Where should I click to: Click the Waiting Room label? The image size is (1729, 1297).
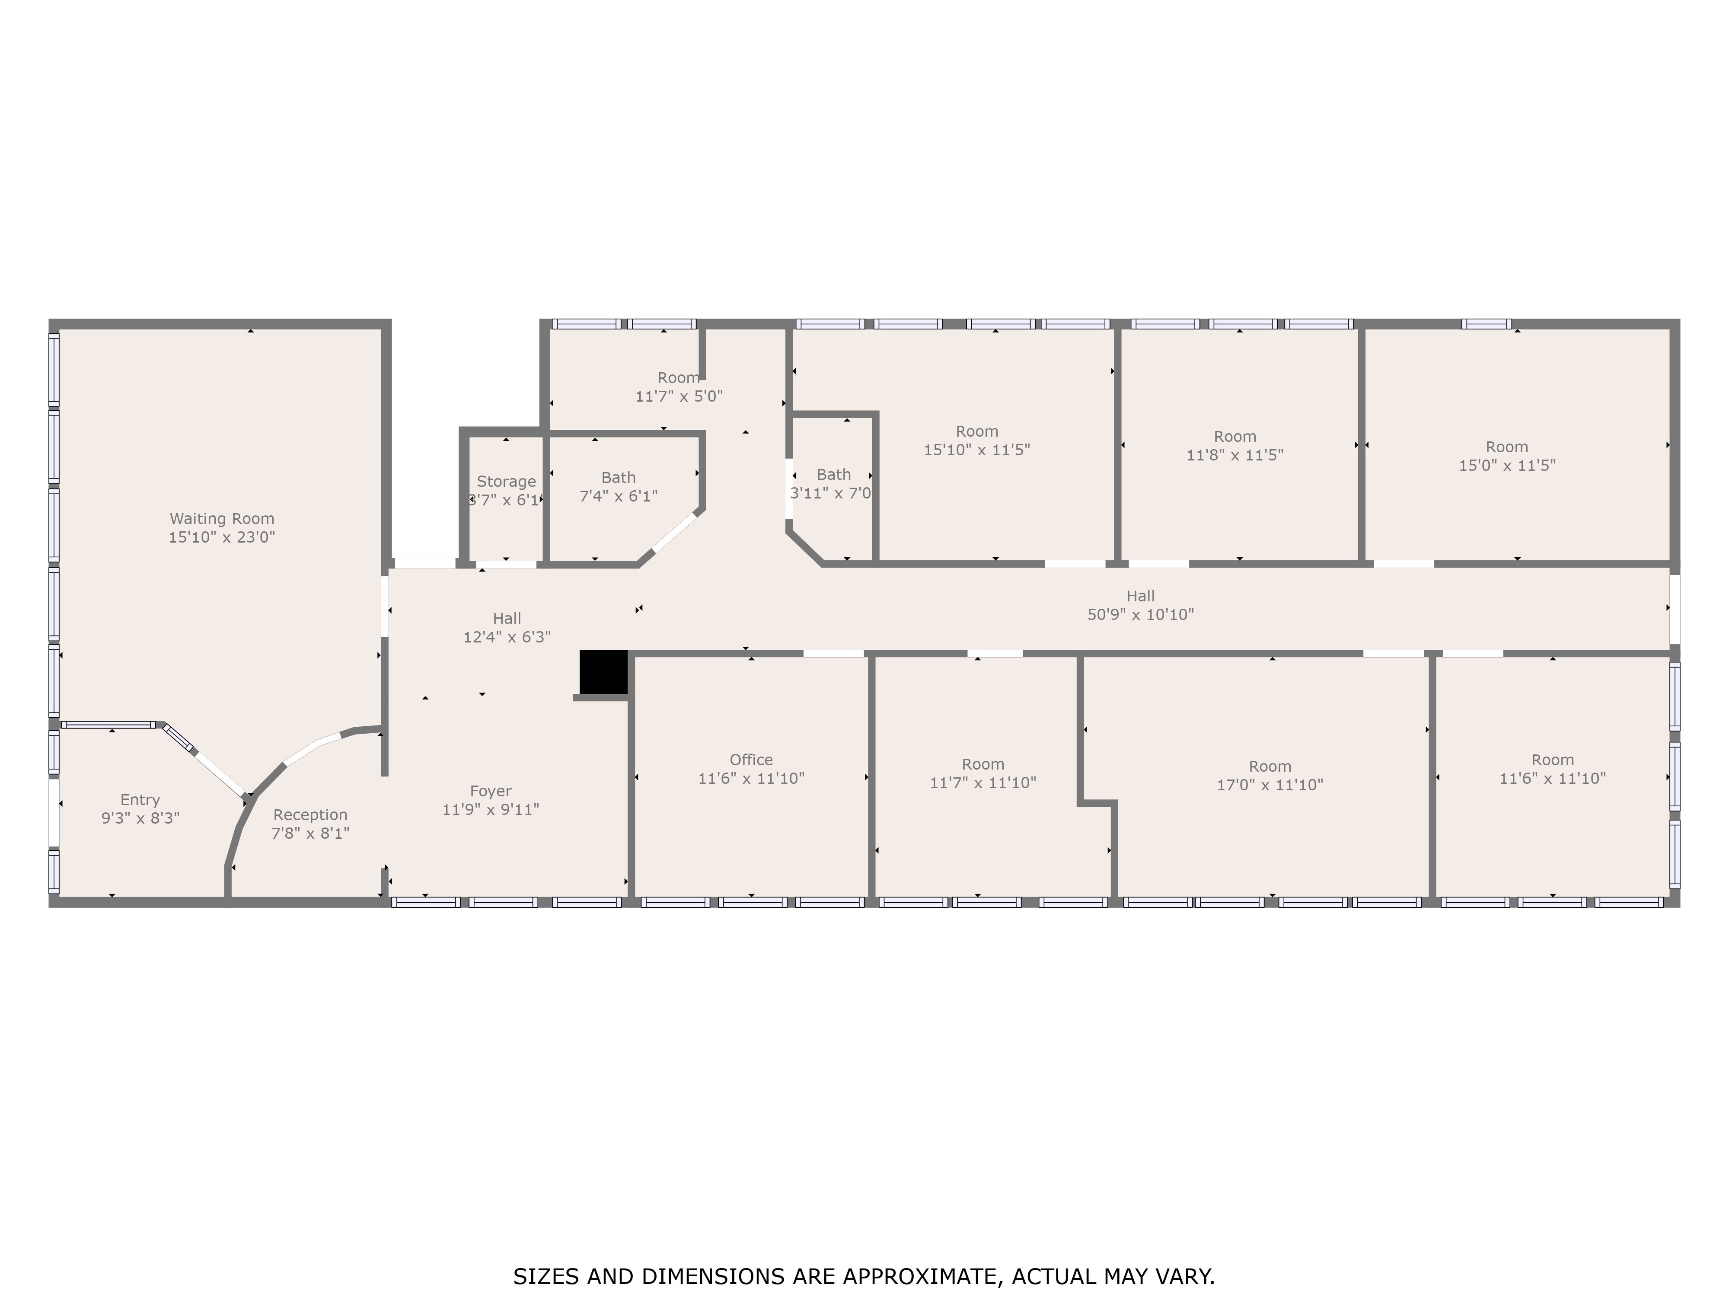coord(222,518)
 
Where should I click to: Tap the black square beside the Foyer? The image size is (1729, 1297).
coord(603,671)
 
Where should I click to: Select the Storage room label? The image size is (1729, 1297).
coord(507,482)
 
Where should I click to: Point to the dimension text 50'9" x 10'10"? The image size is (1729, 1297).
coord(1140,614)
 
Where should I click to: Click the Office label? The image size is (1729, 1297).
coord(751,760)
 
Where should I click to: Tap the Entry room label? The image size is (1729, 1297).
coord(140,800)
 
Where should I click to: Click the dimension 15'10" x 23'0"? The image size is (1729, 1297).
coord(222,537)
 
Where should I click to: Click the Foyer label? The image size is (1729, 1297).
coord(491,791)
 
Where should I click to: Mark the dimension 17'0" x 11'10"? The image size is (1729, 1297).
coord(1270,785)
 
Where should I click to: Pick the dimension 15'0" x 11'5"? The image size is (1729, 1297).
coord(1507,465)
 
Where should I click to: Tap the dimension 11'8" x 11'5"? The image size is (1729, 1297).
coord(1235,455)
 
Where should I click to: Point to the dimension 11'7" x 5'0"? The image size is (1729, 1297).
coord(679,396)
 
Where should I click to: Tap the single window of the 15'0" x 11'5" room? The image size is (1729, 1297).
coord(1487,324)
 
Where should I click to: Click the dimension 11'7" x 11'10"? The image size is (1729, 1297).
coord(983,783)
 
